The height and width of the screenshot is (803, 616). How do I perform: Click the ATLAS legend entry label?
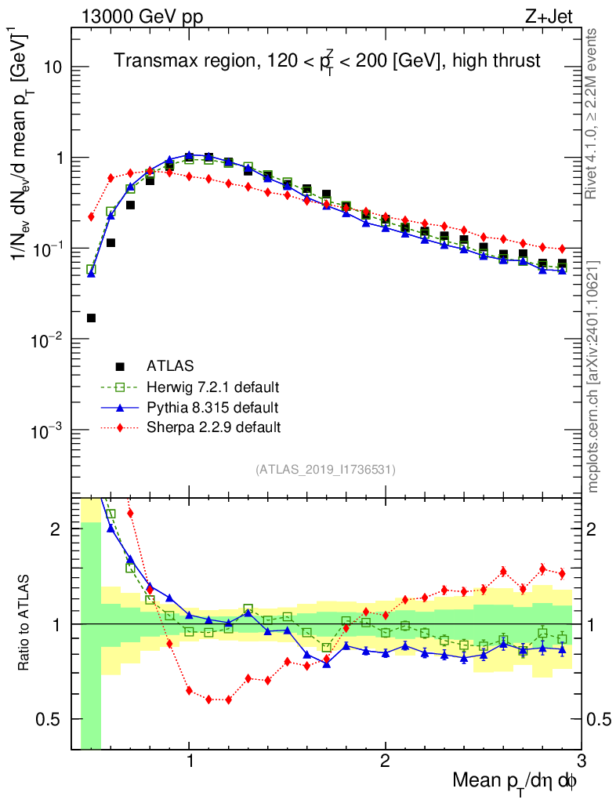click(x=169, y=365)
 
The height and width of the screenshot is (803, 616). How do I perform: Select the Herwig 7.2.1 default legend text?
click(x=214, y=387)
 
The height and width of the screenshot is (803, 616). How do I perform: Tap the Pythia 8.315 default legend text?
click(x=213, y=408)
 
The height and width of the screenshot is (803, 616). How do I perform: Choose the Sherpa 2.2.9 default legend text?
click(x=213, y=428)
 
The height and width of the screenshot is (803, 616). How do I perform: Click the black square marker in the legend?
click(x=120, y=366)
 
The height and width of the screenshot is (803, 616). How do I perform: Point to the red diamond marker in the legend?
click(x=120, y=428)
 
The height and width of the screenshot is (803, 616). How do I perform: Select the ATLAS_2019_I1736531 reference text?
click(x=325, y=470)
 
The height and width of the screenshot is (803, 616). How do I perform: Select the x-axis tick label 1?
click(x=190, y=761)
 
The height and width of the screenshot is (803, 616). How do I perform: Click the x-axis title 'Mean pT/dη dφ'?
click(x=516, y=781)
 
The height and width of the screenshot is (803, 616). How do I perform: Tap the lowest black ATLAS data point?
click(x=91, y=318)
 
